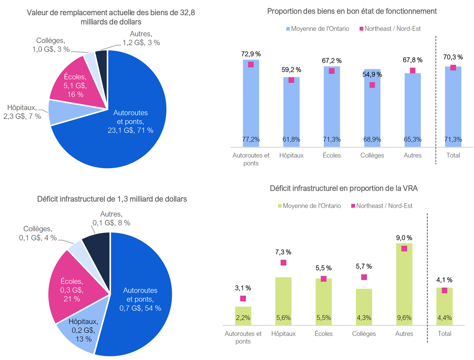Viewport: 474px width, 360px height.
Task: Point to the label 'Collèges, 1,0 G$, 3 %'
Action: pos(51,45)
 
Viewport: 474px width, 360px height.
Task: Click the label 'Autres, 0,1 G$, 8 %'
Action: pos(111,218)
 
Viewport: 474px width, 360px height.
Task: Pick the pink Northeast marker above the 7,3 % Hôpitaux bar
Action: pos(283,263)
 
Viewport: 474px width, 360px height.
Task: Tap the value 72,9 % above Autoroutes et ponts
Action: pos(251,54)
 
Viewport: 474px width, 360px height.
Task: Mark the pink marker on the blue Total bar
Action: pos(453,67)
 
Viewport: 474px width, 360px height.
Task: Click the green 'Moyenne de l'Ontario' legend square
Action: pos(280,206)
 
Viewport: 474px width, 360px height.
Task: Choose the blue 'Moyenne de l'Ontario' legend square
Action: pos(288,29)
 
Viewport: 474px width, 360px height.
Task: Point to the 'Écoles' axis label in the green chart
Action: pos(323,334)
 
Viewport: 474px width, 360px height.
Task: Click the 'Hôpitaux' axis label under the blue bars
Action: pos(291,155)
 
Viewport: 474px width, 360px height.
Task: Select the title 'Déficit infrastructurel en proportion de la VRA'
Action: pos(343,188)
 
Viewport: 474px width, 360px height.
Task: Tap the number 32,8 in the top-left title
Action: pos(187,13)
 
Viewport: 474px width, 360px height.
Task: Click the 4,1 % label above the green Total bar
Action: pos(444,280)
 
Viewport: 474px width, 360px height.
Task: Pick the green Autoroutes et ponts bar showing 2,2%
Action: pos(243,316)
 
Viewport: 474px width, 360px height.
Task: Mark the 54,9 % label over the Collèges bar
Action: pos(372,74)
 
